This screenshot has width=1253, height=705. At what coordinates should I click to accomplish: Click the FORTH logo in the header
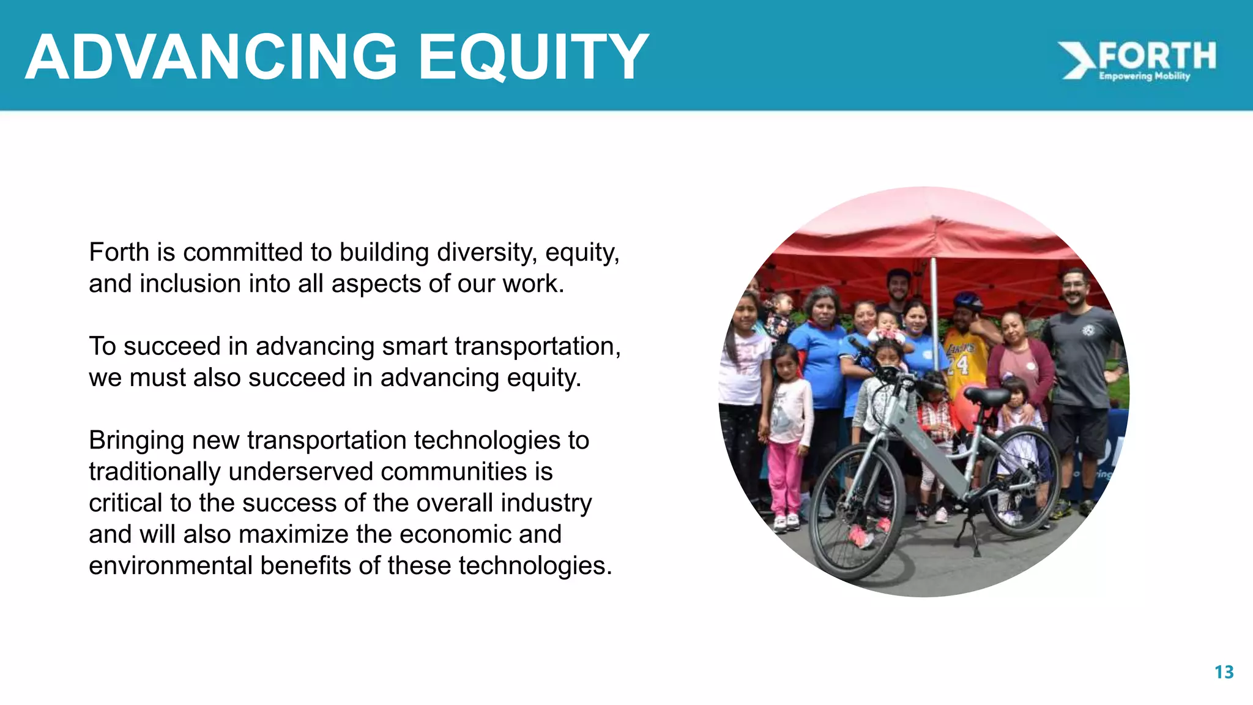click(1139, 59)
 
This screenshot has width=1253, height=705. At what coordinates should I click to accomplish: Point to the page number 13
click(1224, 672)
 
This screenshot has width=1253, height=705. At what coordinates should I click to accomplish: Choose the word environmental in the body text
click(170, 565)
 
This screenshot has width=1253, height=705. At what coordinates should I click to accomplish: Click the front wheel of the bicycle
click(856, 511)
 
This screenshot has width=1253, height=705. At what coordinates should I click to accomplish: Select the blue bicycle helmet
click(968, 300)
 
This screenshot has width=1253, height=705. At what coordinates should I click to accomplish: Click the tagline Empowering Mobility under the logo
click(1144, 76)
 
